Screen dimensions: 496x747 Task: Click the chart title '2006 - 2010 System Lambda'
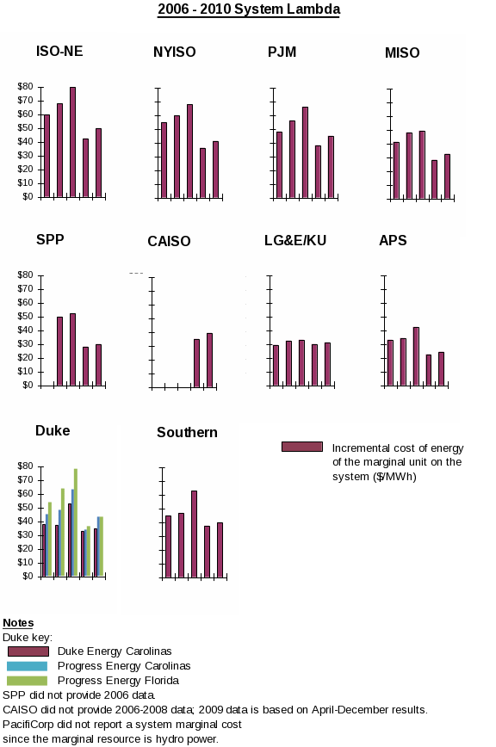click(249, 9)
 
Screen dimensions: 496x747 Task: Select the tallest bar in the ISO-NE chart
click(72, 142)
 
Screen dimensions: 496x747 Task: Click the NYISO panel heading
click(175, 52)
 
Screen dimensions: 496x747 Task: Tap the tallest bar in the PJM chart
click(305, 152)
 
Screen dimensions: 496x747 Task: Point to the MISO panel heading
click(402, 52)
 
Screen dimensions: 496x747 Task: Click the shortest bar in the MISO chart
click(434, 180)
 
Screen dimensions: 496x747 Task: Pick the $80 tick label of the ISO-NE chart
click(25, 86)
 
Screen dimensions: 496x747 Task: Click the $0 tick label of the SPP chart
click(28, 385)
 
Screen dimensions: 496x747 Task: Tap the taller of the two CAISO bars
click(209, 360)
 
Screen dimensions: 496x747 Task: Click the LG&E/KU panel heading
click(295, 240)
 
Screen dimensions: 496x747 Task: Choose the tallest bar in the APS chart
click(416, 356)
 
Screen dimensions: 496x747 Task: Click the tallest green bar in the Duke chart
click(75, 522)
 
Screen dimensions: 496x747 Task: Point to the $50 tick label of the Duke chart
click(25, 508)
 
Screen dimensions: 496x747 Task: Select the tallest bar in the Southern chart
click(194, 534)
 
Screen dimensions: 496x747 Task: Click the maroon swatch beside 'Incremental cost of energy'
click(302, 447)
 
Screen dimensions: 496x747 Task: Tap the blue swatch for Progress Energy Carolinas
click(28, 666)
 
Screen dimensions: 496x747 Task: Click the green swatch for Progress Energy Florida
click(28, 681)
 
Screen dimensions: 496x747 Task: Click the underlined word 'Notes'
click(18, 623)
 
